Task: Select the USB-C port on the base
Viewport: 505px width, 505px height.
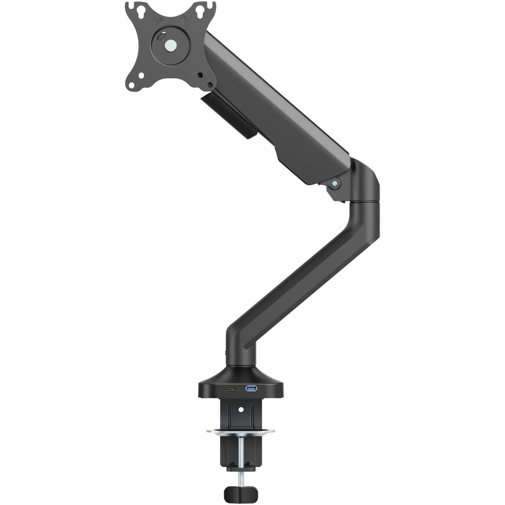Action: click(x=230, y=390)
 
